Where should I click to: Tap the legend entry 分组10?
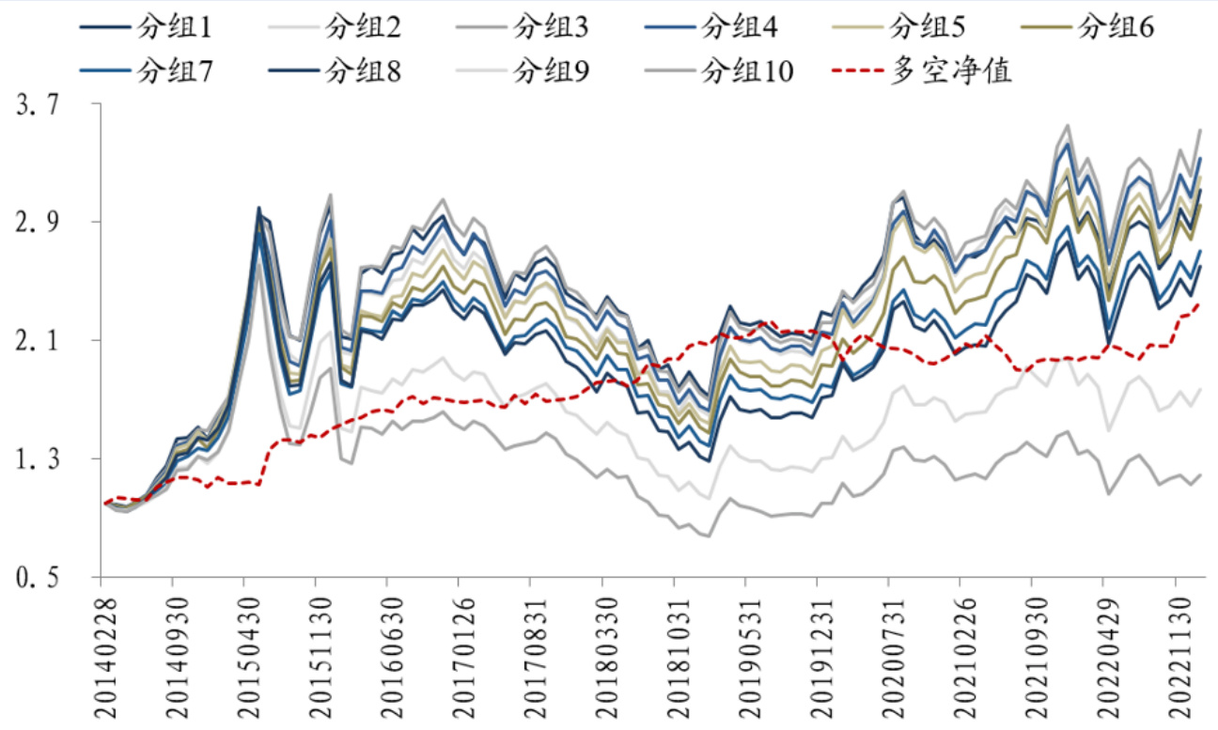[748, 71]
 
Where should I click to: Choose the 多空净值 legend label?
[953, 71]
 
